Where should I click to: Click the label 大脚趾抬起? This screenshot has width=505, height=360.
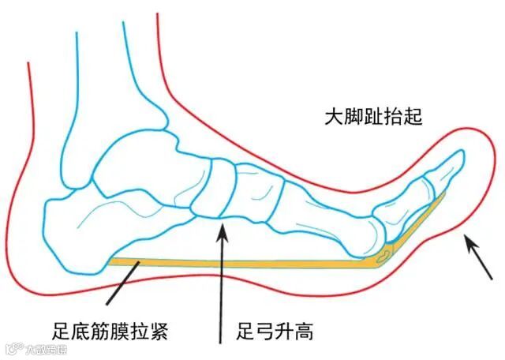[374, 117]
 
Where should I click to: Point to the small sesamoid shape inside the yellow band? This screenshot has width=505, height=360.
[385, 254]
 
